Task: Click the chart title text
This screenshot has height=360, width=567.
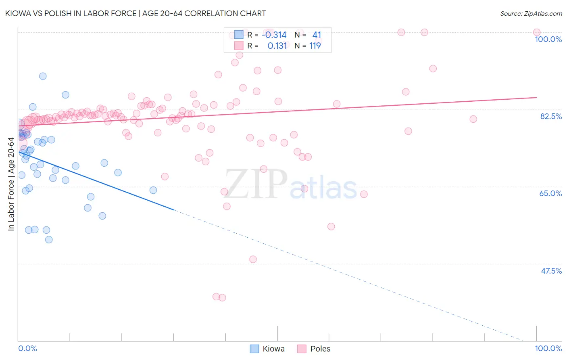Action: click(x=135, y=13)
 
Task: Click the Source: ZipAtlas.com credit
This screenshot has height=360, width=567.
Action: click(x=531, y=13)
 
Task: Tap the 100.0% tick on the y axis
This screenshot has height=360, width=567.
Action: click(x=548, y=39)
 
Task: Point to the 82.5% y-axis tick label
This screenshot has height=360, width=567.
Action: click(x=550, y=116)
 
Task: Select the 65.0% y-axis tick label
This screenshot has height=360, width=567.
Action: click(x=550, y=193)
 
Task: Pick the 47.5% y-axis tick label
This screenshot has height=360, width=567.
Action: click(x=551, y=271)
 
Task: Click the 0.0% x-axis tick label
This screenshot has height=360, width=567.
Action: click(x=27, y=348)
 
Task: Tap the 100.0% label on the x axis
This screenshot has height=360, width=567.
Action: click(x=548, y=348)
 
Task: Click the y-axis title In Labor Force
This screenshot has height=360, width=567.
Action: click(x=11, y=184)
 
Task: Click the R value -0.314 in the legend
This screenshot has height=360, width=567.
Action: click(x=274, y=35)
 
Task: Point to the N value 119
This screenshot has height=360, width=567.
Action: click(x=315, y=46)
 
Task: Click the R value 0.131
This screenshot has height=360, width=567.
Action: click(x=277, y=46)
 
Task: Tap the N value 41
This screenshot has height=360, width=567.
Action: click(x=317, y=35)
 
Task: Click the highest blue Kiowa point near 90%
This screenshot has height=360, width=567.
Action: click(x=43, y=76)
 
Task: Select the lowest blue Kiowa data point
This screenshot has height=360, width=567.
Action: click(x=49, y=240)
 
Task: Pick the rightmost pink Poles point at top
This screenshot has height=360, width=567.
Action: click(x=536, y=32)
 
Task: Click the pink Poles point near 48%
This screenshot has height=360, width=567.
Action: click(x=253, y=259)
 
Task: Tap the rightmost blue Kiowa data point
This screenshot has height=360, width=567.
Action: click(x=153, y=190)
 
